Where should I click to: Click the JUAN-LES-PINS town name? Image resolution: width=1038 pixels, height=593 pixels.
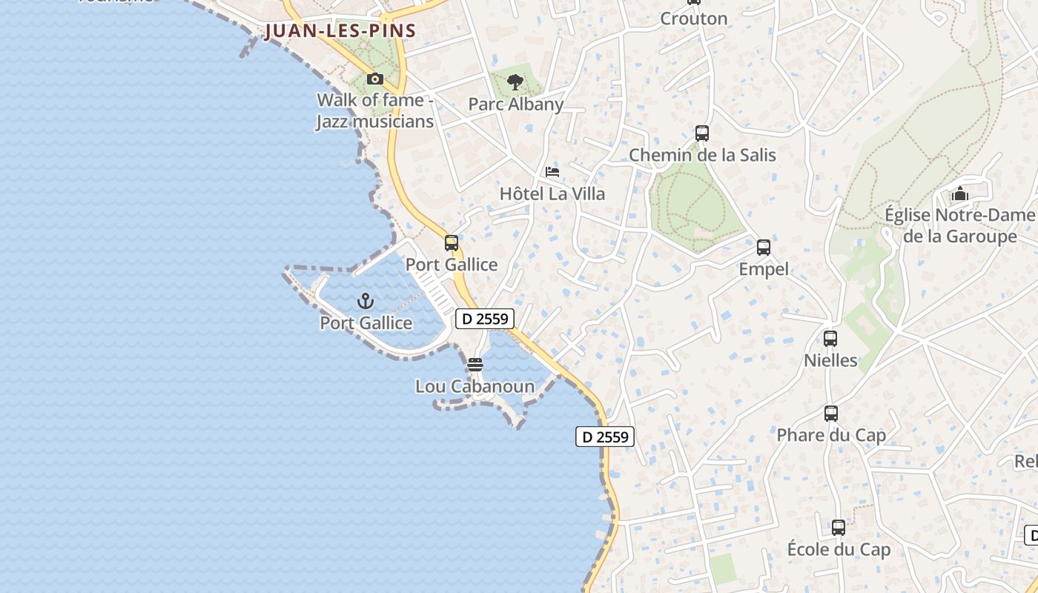pos(340,31)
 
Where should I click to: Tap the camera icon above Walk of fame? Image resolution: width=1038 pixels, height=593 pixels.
pos(375,79)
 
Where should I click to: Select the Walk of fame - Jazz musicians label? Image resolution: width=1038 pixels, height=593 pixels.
pos(375,110)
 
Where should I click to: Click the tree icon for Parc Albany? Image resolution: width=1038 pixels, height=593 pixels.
pos(515,82)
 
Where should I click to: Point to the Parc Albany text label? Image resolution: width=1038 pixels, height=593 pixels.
pos(516,105)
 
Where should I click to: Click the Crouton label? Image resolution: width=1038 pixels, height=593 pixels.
pos(693,19)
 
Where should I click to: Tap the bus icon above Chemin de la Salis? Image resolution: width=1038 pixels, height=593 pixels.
pos(702,133)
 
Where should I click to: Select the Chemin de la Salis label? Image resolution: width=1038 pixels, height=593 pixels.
pos(702,155)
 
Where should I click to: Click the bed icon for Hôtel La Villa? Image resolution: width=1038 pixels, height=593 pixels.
pos(552,172)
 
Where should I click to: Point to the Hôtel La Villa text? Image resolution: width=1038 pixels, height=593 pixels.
pos(552,194)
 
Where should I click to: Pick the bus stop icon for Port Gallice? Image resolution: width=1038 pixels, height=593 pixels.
pos(452,242)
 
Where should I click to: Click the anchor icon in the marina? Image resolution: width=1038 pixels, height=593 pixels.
pos(365,301)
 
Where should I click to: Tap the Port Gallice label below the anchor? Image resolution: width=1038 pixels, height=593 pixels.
pos(366,323)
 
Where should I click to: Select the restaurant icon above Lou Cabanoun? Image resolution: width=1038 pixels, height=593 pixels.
pos(475,365)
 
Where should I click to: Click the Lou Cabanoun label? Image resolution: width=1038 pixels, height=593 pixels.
pos(475,386)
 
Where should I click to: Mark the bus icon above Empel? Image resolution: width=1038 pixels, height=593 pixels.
pos(764,248)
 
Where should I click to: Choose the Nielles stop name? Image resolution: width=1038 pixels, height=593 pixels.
pos(830,361)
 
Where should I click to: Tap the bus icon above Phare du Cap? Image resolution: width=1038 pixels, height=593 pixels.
pos(831,414)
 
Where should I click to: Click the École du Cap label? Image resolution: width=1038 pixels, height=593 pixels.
pos(839,550)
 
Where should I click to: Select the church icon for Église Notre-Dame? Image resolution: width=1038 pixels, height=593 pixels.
pos(960,194)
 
